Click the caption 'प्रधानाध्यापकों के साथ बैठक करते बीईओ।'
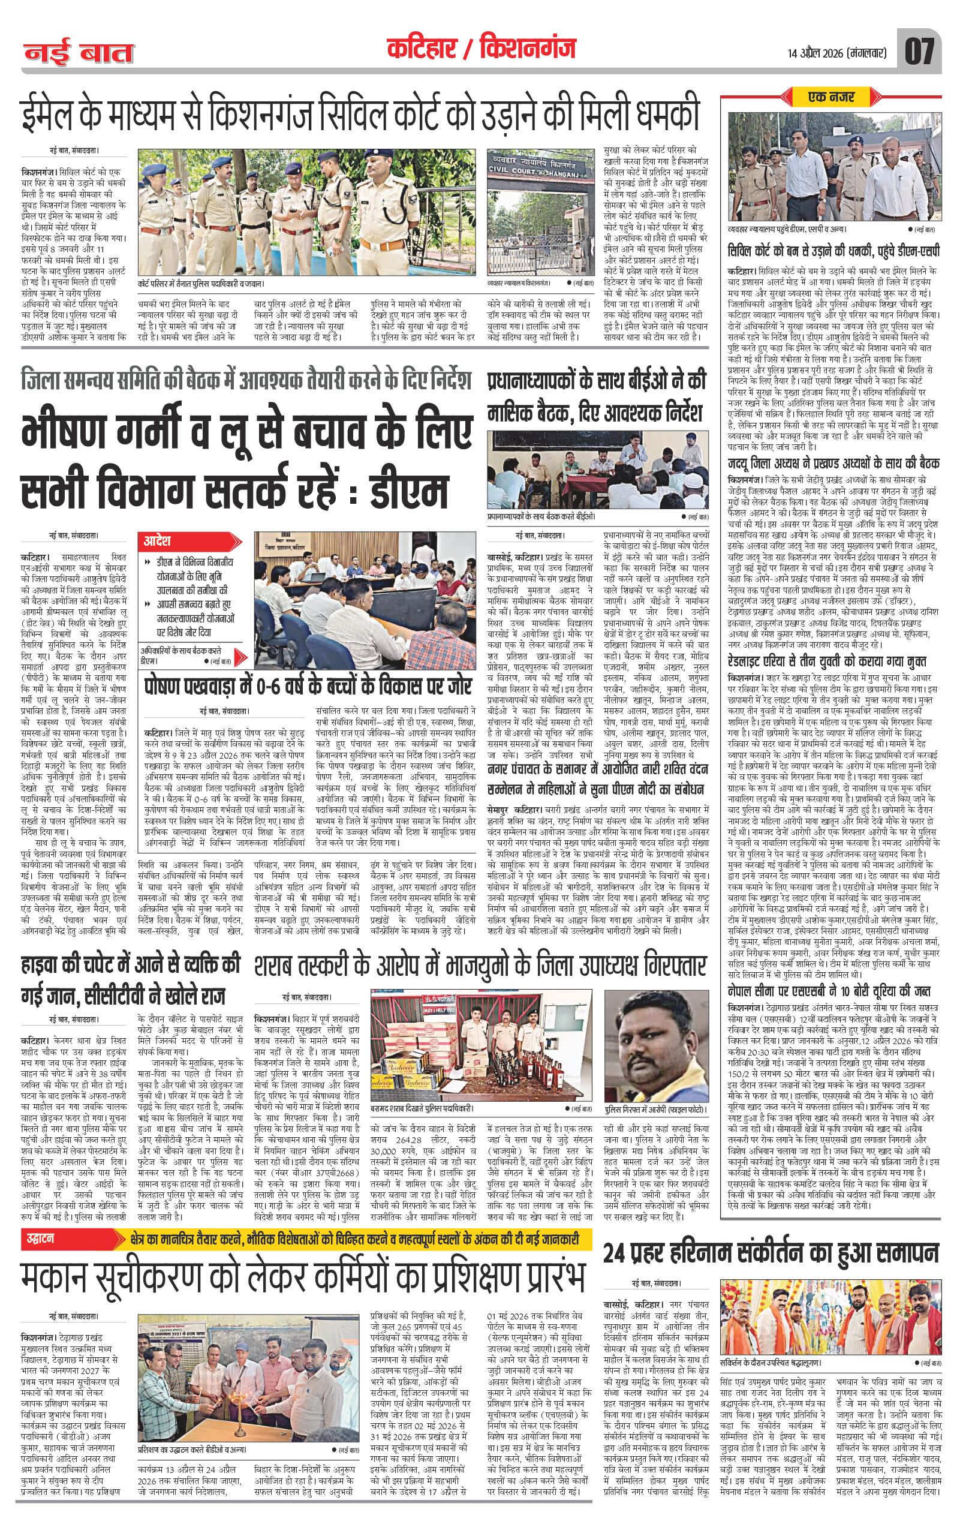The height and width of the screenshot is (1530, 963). (x=543, y=517)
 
